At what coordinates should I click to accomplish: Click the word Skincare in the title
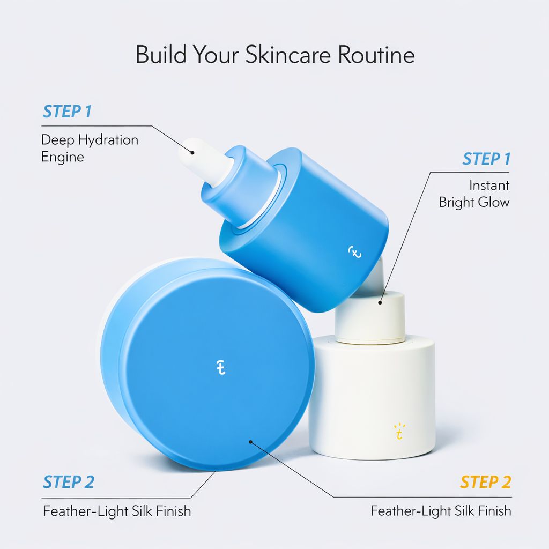288,55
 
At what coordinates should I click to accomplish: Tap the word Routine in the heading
376,55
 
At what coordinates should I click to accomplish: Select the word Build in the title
161,55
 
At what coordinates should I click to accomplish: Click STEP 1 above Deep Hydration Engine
67,112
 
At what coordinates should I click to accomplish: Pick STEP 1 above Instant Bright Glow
487,159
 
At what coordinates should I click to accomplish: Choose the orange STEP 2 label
486,482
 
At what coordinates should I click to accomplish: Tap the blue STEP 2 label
69,482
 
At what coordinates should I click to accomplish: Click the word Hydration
108,140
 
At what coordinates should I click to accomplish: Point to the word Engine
63,157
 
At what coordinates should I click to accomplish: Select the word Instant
489,185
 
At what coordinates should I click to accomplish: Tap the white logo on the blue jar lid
220,368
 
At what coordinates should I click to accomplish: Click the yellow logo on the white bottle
399,432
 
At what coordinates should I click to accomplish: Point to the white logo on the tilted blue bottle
355,252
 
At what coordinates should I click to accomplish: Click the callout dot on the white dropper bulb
192,152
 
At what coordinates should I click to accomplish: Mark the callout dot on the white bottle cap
380,302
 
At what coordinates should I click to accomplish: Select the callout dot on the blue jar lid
250,442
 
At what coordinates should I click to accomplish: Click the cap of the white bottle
370,317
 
